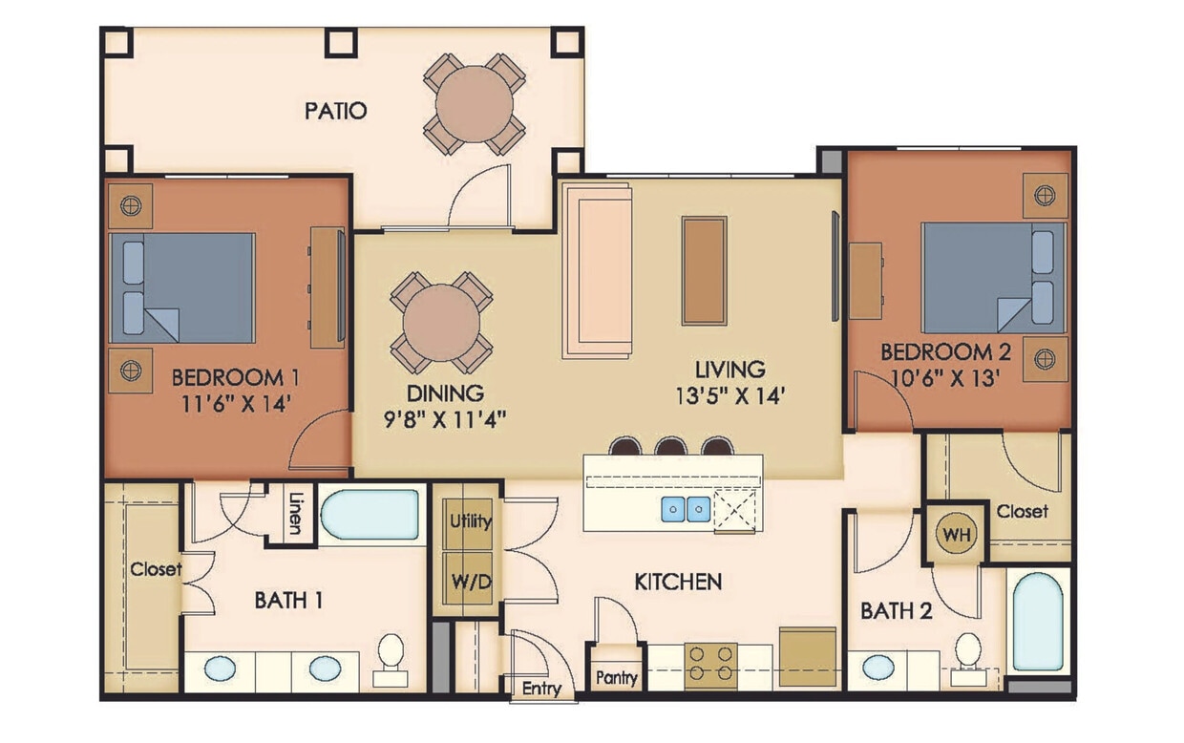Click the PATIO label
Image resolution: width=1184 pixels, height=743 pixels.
tap(335, 111)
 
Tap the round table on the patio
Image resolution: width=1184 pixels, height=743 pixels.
tap(474, 103)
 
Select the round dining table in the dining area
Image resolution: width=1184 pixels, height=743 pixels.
tap(440, 322)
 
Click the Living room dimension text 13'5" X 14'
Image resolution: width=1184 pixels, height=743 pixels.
tap(729, 394)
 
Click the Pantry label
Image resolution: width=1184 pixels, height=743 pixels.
tap(616, 677)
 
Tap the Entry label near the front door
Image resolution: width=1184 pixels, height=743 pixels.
tap(540, 688)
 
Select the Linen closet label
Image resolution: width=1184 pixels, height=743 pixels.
tap(294, 516)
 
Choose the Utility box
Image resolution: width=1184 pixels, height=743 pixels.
tap(470, 521)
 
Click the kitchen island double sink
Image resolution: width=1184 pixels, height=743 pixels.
tap(686, 510)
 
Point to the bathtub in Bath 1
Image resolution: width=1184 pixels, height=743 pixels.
tap(370, 516)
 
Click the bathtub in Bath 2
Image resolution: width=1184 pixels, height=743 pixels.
tap(1037, 623)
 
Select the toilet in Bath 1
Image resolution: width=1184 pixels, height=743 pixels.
tap(390, 659)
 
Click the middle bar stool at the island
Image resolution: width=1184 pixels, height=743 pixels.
tap(671, 446)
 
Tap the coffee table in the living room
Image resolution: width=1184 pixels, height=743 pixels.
tap(704, 271)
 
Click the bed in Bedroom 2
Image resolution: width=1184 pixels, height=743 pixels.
tap(993, 278)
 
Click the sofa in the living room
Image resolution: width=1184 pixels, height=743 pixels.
tap(598, 271)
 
